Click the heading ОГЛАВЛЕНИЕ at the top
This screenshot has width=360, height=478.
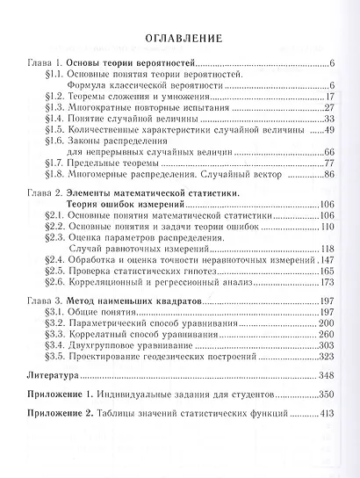(179, 39)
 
